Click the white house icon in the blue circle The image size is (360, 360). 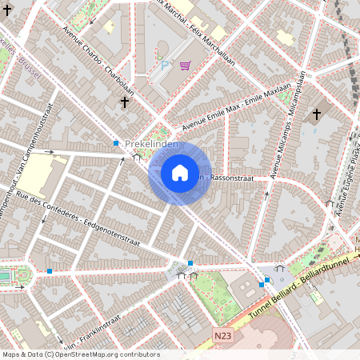(x=180, y=172)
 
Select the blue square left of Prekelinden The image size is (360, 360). (x=116, y=143)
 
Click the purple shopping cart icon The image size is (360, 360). (x=186, y=66)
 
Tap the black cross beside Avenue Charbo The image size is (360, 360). (x=124, y=102)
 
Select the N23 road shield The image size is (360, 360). (x=224, y=338)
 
